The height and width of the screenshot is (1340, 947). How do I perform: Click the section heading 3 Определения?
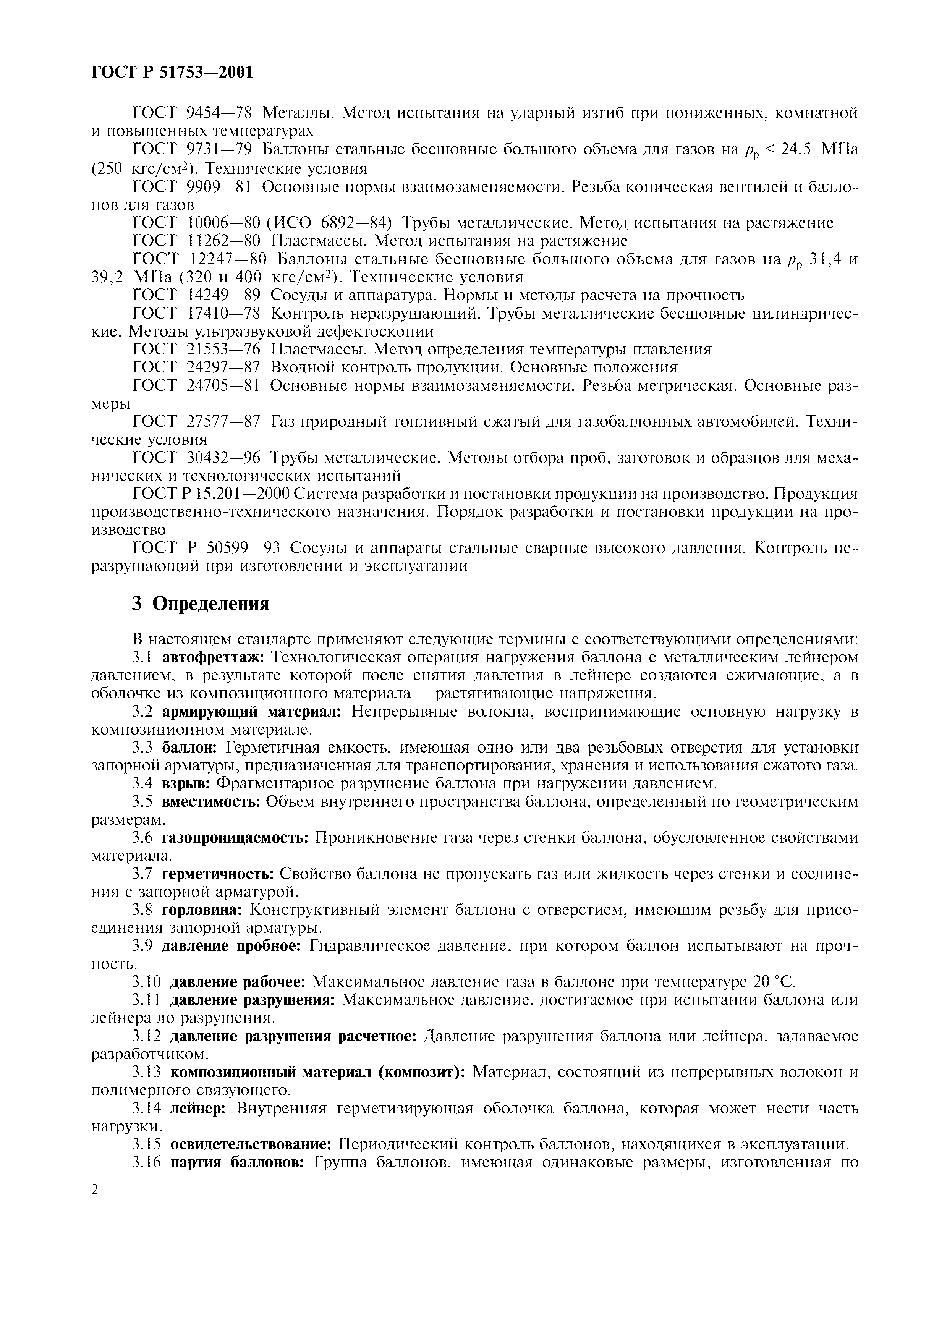pyautogui.click(x=200, y=604)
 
